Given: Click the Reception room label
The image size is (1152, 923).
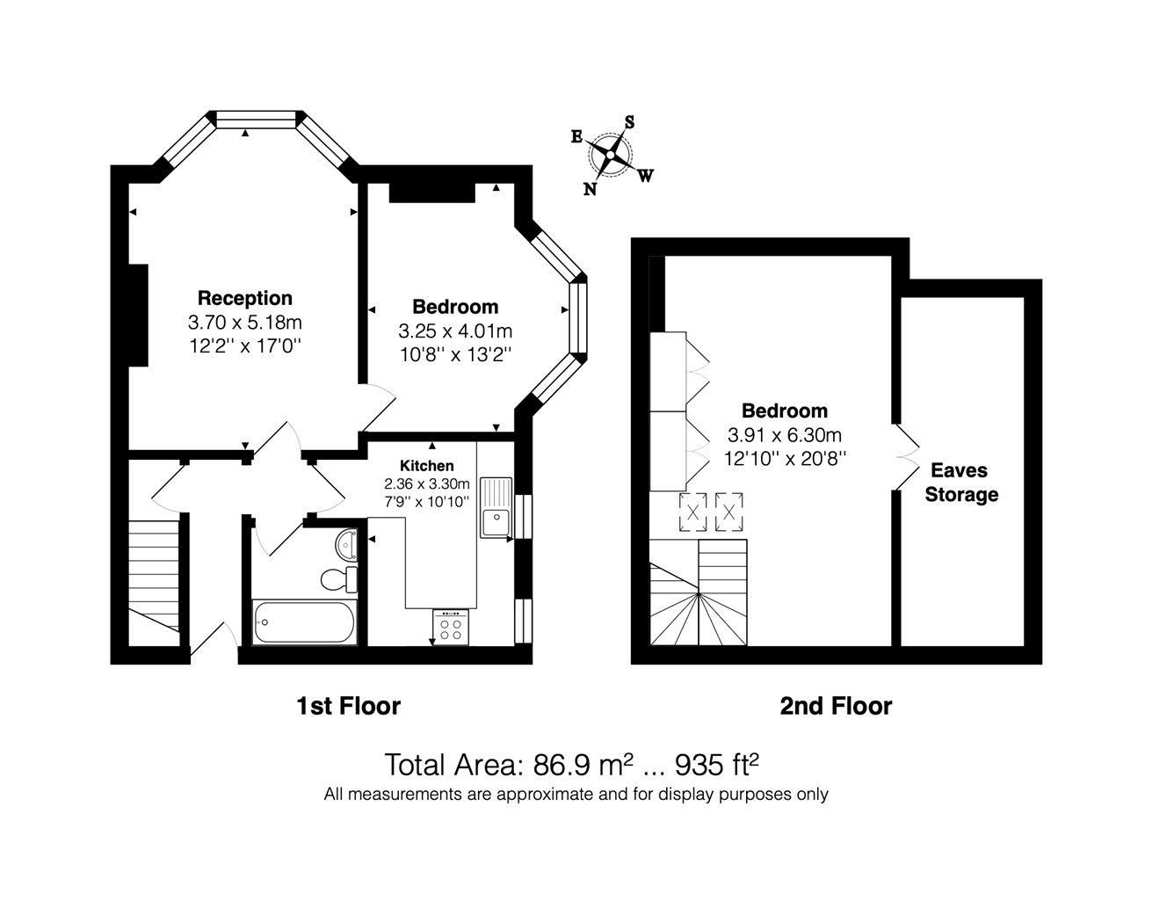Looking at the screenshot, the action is (245, 298).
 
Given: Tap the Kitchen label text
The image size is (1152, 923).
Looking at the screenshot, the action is (427, 466).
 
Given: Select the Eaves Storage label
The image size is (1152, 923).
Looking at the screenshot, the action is (961, 482).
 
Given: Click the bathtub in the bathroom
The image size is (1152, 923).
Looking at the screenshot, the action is (304, 622).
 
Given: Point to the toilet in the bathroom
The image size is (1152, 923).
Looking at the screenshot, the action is (339, 578).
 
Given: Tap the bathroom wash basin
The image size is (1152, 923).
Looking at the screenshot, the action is (346, 543).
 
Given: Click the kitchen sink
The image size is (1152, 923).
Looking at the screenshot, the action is (496, 506).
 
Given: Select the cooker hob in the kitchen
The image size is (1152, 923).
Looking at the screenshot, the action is (451, 628).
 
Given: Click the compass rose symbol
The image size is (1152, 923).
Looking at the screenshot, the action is (610, 155).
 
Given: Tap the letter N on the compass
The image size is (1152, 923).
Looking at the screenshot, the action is (590, 189).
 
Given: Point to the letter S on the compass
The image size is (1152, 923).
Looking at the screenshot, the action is (629, 122).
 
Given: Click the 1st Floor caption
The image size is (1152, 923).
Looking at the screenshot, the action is (349, 706).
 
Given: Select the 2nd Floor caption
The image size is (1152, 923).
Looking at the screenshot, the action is (836, 706).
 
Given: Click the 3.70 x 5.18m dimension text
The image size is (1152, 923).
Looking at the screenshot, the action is (244, 323).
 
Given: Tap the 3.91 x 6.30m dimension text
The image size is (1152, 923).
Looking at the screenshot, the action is (785, 435).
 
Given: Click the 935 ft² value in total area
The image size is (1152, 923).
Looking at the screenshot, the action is (717, 764).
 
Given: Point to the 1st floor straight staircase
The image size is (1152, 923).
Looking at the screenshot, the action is (154, 576).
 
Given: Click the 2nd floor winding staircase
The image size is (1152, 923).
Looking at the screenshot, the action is (699, 592).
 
